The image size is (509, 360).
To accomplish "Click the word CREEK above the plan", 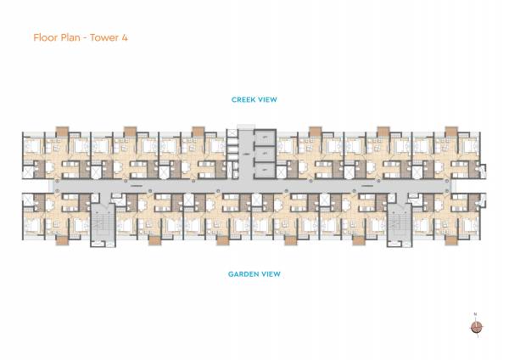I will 243,100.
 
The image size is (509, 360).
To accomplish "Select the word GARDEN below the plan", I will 241,274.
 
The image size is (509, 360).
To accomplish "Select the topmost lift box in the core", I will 265,138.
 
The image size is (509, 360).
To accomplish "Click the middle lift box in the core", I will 265,154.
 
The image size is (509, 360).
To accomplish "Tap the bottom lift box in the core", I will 265,170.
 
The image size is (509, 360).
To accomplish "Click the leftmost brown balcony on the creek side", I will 61,130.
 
